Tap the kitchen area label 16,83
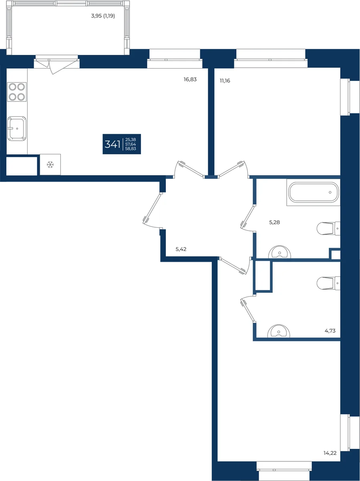click(190, 79)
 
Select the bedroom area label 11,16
click(225, 81)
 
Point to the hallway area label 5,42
click(181, 249)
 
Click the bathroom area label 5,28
click(274, 222)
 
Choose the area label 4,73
click(330, 331)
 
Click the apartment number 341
click(113, 144)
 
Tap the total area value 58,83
click(131, 149)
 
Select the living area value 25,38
click(131, 139)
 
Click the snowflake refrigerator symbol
click(50, 165)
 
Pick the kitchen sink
click(17, 128)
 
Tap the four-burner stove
click(17, 92)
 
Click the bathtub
click(314, 192)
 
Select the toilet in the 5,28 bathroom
click(328, 228)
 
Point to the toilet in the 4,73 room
click(328, 283)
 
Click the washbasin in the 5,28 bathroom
click(280, 252)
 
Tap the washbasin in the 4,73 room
click(279, 331)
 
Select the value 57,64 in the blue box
click(131, 144)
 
